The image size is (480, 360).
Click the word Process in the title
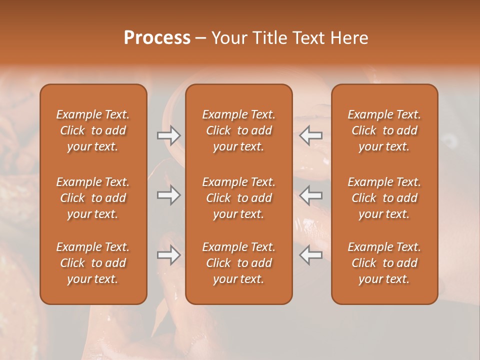click(157, 38)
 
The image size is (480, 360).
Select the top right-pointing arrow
click(168, 135)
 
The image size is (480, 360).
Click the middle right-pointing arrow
click(168, 195)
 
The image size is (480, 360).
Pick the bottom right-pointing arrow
click(168, 255)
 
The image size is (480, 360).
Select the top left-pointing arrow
click(311, 135)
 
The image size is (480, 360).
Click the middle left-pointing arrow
click(311, 195)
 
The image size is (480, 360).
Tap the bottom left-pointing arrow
click(311, 255)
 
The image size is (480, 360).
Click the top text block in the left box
click(93, 130)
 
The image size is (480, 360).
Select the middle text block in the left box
click(93, 198)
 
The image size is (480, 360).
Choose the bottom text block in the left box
click(93, 263)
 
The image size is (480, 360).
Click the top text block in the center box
click(238, 130)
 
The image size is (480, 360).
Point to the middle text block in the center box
click(238, 198)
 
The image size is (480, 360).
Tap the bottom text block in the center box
click(238, 263)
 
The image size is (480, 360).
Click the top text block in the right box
click(384, 130)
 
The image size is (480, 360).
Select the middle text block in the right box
click(384, 198)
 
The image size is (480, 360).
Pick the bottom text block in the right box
click(384, 263)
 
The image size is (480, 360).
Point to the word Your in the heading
click(229, 38)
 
